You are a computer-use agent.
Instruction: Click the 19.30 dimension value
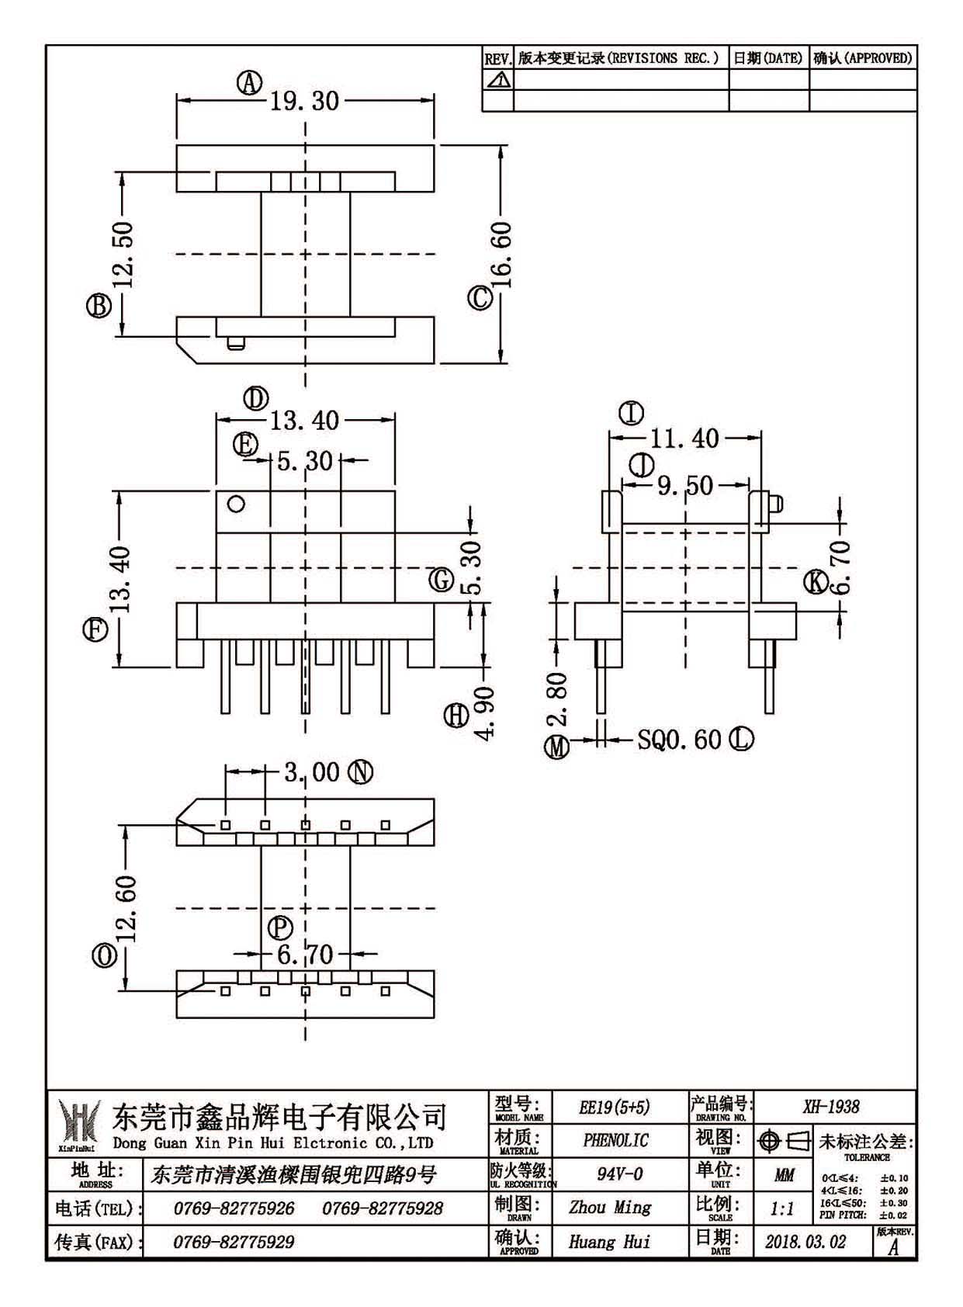point(304,101)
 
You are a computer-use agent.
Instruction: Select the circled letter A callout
point(249,83)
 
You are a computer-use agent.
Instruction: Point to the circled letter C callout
point(480,298)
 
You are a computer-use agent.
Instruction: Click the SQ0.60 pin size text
point(680,740)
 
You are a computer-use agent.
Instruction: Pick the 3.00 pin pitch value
point(311,772)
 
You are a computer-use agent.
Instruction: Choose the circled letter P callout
point(281,927)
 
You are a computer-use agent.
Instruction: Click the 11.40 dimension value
point(684,439)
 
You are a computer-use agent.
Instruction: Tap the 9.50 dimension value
point(685,485)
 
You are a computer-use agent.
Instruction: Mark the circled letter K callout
point(816,582)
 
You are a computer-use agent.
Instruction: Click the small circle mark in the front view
point(236,504)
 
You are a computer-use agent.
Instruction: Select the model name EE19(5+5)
point(615,1107)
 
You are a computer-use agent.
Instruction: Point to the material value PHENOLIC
point(615,1140)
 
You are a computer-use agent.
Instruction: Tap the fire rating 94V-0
point(619,1174)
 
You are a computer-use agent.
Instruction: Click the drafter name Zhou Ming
point(609,1207)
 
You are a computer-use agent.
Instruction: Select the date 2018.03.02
point(805,1242)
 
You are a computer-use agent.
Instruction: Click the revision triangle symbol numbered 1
point(498,79)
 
